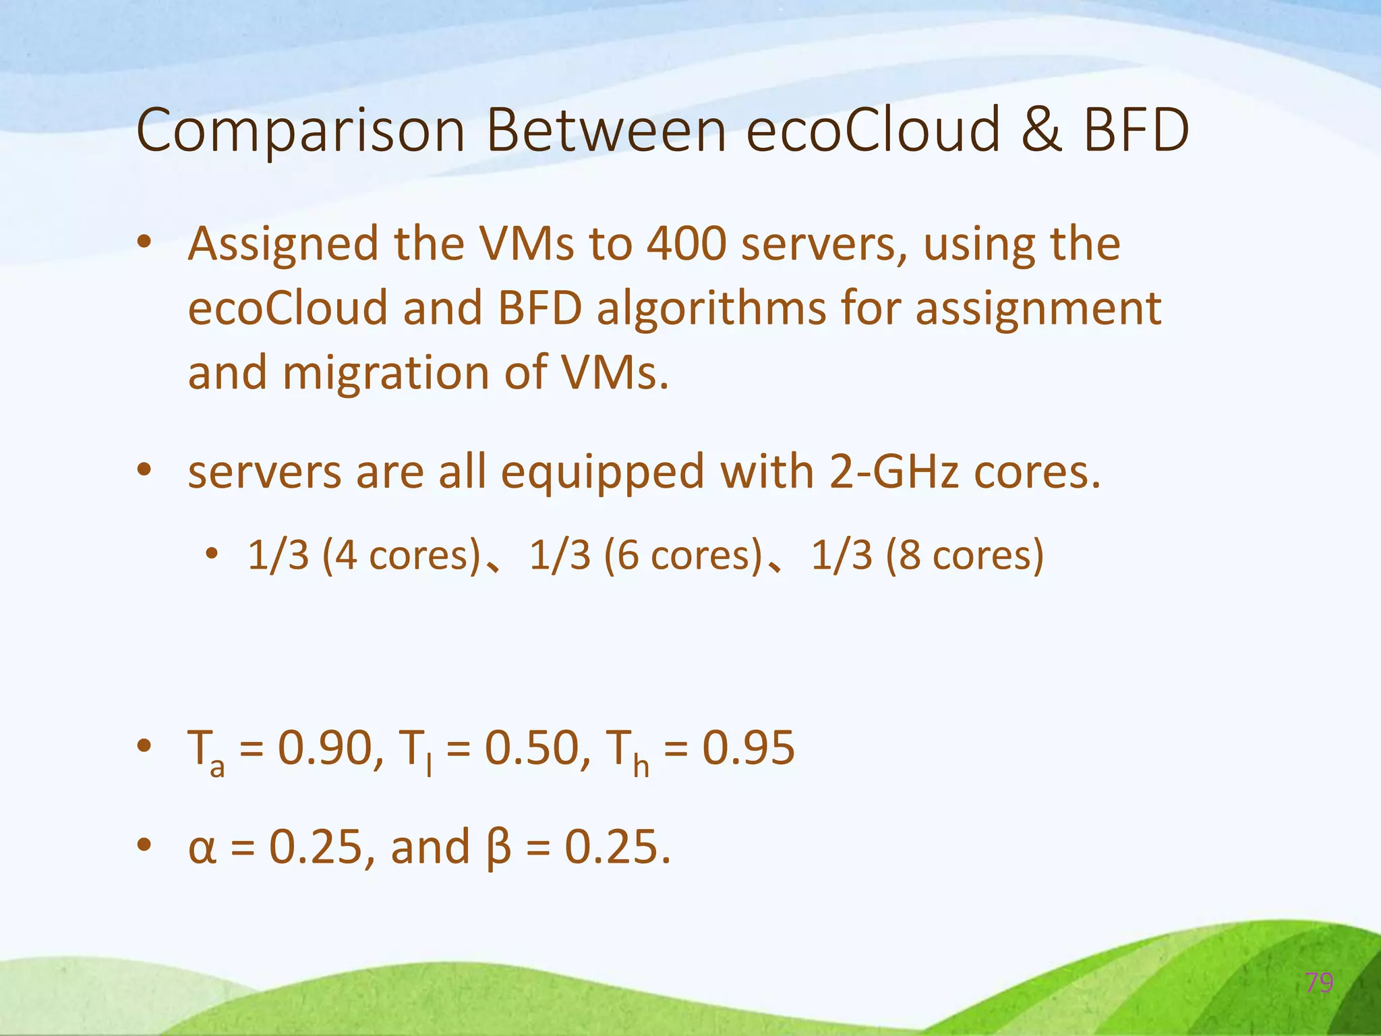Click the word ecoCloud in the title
[x=874, y=129]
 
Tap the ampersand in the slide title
[x=1042, y=129]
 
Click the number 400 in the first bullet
[x=686, y=243]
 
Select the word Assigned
[x=283, y=245]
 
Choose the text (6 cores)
[x=683, y=556]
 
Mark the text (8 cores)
[x=965, y=556]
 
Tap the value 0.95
[x=748, y=748]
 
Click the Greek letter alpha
[x=202, y=848]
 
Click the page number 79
[x=1319, y=983]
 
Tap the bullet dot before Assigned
[x=144, y=243]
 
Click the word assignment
[x=1038, y=310]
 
